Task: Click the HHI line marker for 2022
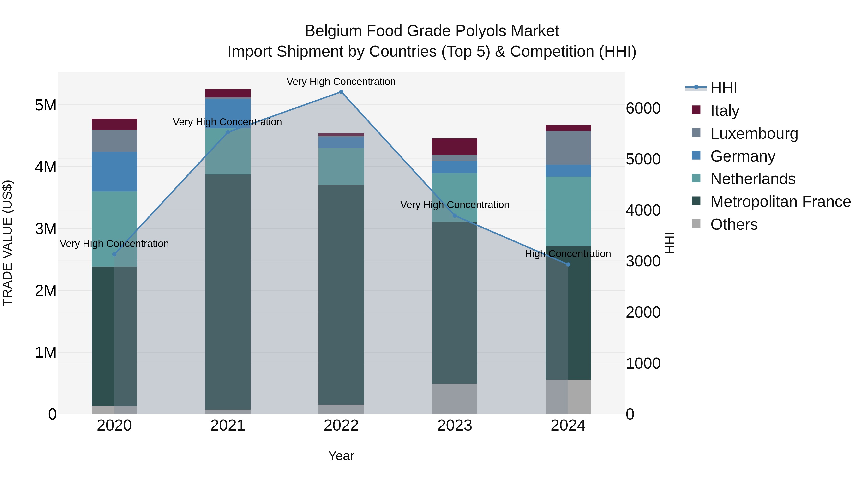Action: tap(341, 92)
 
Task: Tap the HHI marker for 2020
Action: tap(114, 254)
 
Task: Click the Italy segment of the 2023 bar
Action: tap(455, 147)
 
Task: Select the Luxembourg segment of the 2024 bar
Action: tap(568, 148)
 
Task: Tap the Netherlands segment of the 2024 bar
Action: tap(568, 211)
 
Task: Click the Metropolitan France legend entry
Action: tap(780, 202)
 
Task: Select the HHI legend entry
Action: tap(723, 88)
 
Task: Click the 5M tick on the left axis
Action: tap(46, 105)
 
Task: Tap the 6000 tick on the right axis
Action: tap(643, 108)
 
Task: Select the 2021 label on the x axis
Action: tap(228, 426)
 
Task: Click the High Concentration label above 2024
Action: tap(568, 254)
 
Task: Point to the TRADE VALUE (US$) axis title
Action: tap(7, 243)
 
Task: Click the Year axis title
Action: tap(341, 456)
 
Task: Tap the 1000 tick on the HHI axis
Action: tap(643, 363)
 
